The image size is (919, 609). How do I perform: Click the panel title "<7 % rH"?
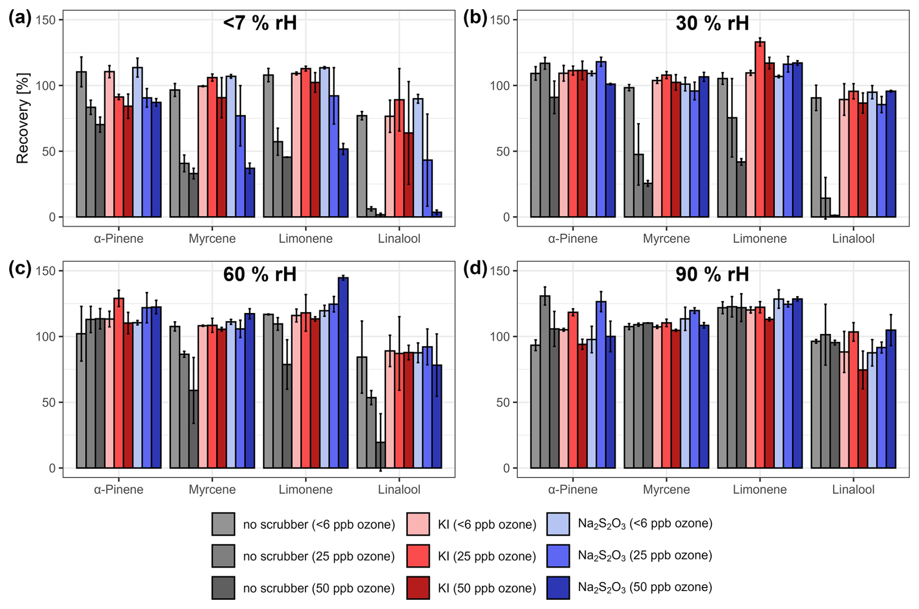[x=259, y=23]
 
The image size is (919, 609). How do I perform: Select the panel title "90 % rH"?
[x=712, y=274]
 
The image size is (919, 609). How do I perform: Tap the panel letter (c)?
[x=19, y=268]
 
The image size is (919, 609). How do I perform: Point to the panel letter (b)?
[x=475, y=18]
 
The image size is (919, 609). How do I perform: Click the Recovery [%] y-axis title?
[x=23, y=118]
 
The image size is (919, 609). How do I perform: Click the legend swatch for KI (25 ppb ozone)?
[x=417, y=556]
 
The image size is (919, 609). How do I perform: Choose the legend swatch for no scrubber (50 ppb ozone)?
[x=223, y=588]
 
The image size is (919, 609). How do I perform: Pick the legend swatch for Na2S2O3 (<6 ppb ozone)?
[x=558, y=523]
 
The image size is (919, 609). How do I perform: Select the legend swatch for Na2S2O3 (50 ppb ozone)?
[x=558, y=588]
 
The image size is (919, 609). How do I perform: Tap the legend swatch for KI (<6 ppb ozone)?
[x=417, y=523]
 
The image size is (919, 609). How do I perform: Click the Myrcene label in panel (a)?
[x=212, y=239]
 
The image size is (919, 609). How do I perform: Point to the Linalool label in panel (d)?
[x=853, y=489]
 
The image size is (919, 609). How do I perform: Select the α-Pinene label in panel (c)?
[x=119, y=489]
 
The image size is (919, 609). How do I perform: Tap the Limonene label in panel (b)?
[x=760, y=239]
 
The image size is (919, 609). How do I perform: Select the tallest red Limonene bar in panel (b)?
[x=760, y=129]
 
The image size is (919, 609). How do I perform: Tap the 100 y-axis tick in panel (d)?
[x=503, y=336]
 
